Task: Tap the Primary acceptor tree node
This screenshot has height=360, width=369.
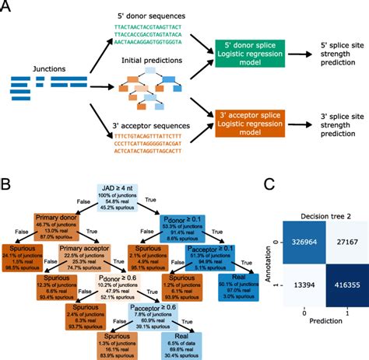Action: [86, 260]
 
